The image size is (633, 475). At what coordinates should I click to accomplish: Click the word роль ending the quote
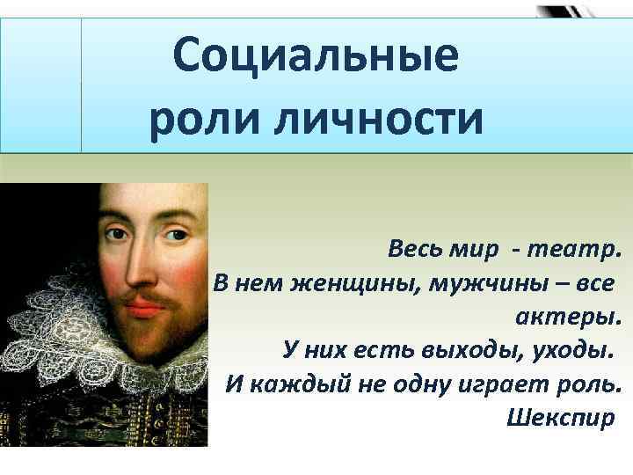(591, 384)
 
